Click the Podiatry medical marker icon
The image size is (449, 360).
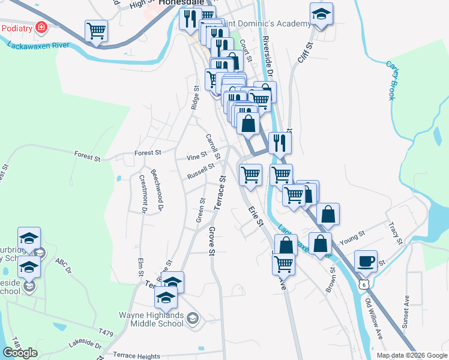tap(41, 28)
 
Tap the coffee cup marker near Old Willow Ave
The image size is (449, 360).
tap(366, 261)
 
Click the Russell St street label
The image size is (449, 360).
tap(200, 172)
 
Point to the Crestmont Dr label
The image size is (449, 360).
tap(143, 193)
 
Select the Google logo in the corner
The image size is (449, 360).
tap(20, 353)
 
